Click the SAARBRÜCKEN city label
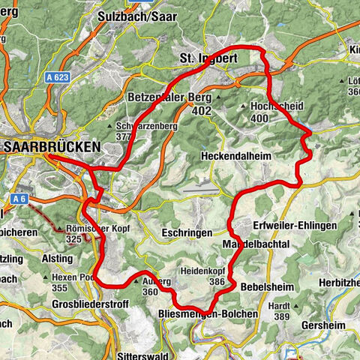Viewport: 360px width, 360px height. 51,148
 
